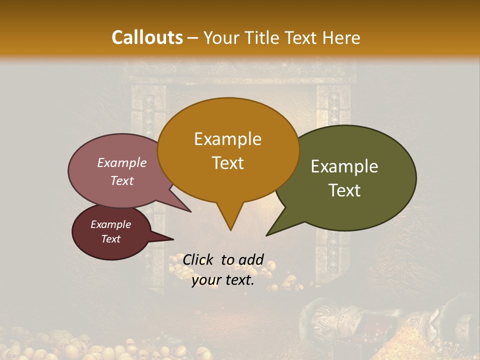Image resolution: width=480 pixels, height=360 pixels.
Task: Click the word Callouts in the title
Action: (x=147, y=37)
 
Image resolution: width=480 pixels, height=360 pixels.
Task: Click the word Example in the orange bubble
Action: (x=227, y=139)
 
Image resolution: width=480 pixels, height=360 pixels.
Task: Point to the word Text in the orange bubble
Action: (x=227, y=163)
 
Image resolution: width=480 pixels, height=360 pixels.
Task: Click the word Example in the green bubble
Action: (x=344, y=166)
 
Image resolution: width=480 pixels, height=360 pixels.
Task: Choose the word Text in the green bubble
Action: (x=344, y=190)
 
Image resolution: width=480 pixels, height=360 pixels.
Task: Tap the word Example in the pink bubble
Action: (x=122, y=163)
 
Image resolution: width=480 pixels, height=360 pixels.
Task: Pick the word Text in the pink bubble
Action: (x=122, y=180)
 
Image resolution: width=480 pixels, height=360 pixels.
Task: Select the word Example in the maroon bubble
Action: (x=111, y=224)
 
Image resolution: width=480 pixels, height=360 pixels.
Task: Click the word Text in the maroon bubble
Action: (x=111, y=239)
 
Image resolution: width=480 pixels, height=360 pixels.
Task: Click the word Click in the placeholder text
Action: (x=199, y=259)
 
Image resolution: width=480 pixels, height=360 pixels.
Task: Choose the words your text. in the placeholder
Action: (x=223, y=280)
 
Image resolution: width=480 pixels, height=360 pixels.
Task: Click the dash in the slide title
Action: (x=193, y=37)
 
